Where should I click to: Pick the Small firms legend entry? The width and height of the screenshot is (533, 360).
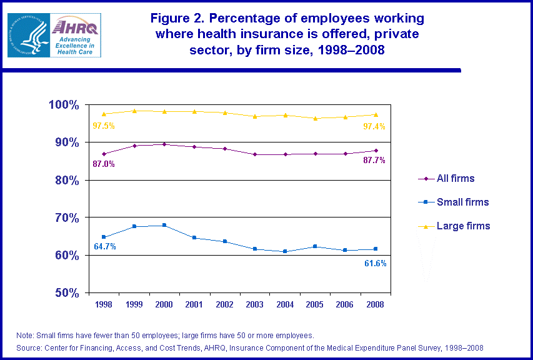(462, 202)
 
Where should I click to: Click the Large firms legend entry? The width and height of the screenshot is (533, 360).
(462, 226)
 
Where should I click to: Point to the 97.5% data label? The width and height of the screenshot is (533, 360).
(104, 126)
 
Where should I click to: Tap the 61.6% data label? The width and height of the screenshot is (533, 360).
(375, 264)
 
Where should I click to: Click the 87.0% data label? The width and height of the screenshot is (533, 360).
(104, 164)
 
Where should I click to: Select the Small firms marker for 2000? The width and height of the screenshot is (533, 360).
(164, 225)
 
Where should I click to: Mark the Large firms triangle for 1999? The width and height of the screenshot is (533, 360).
(134, 111)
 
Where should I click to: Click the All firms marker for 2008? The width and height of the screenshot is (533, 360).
(376, 151)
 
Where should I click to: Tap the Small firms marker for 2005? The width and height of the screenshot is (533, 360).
(315, 246)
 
